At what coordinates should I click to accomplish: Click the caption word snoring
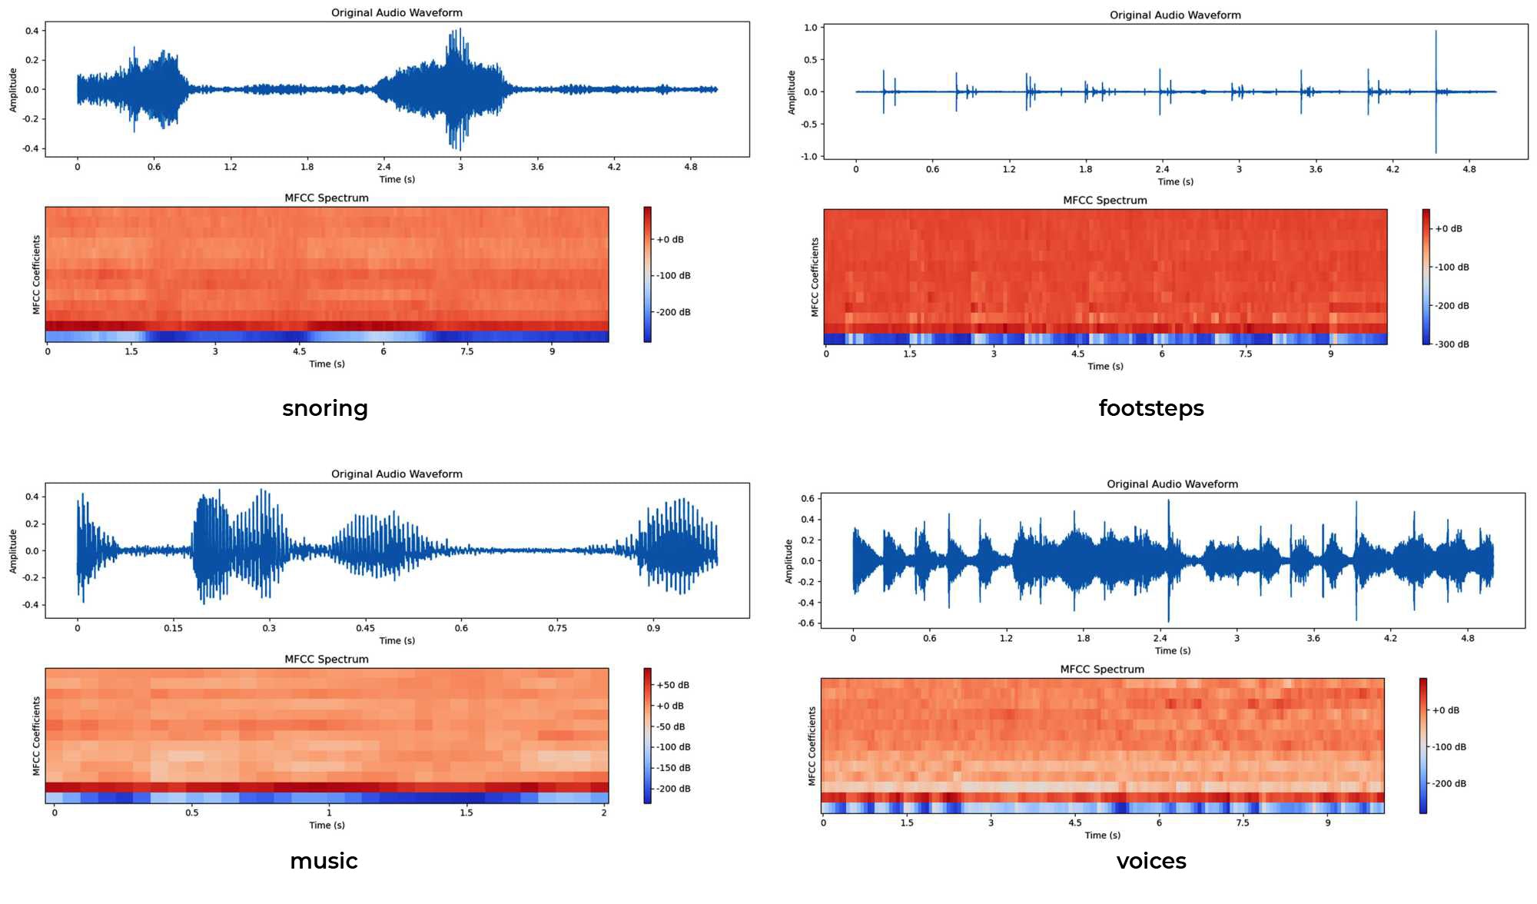pos(325,408)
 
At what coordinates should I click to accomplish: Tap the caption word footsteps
pos(1150,408)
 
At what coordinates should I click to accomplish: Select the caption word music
pos(324,861)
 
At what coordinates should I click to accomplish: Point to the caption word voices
pos(1150,861)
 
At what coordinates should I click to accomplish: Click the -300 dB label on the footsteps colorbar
pos(1452,344)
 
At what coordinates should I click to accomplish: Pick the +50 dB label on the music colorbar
pos(672,685)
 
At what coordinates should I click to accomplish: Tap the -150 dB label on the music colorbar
pos(673,768)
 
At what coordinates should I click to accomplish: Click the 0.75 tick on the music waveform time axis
pos(557,628)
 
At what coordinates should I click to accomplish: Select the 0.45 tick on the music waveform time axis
pos(365,628)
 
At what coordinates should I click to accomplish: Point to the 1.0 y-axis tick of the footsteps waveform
pos(810,28)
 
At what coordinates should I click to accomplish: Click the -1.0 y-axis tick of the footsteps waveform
pos(808,157)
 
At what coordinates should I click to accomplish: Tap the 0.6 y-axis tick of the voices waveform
pos(808,499)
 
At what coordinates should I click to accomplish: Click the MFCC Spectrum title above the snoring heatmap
pos(327,198)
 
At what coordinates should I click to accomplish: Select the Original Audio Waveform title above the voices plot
pos(1172,484)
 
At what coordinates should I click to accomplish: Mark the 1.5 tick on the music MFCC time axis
pos(466,813)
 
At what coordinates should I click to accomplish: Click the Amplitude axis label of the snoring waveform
pos(13,90)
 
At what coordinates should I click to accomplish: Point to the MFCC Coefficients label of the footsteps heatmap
pos(815,277)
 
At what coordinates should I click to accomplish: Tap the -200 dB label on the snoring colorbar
pos(673,313)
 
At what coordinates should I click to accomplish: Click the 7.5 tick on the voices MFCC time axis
pos(1242,823)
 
